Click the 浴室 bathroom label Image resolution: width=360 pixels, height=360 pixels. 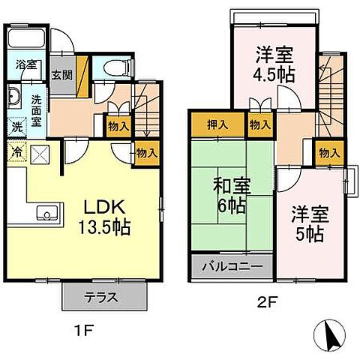[27, 64]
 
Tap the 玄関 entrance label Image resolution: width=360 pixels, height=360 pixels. [62, 75]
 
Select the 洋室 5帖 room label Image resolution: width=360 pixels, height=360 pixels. [307, 223]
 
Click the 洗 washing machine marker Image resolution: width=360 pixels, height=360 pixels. [16, 128]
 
